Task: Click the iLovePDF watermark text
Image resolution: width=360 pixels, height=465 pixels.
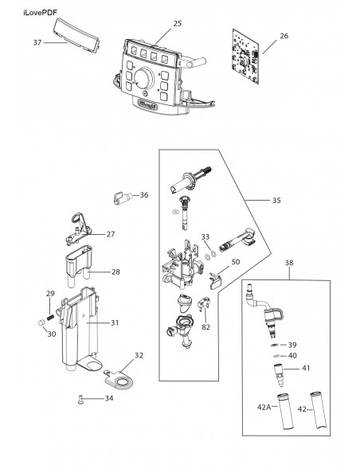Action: (40, 13)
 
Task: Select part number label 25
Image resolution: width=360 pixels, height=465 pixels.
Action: (178, 23)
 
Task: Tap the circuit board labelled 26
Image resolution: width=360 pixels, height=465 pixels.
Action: (245, 57)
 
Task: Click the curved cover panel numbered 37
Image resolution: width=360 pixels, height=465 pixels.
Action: (76, 35)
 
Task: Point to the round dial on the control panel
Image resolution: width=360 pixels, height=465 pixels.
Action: (144, 79)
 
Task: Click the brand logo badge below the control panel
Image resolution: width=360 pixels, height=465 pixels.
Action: (147, 104)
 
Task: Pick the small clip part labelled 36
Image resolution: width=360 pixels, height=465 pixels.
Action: (123, 197)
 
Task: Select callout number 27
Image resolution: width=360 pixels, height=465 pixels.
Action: (111, 234)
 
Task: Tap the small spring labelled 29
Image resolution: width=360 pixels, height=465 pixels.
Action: (50, 318)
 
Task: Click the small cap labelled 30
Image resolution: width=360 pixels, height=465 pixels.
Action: (41, 322)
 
